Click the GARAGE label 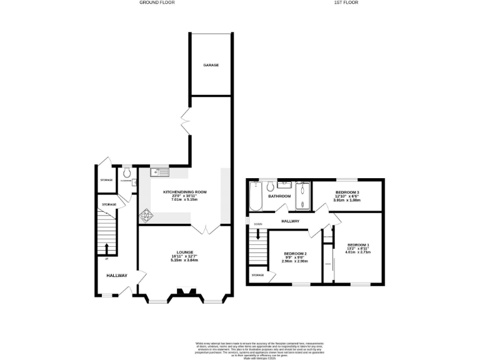click(x=210, y=65)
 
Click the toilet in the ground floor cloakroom click(x=127, y=172)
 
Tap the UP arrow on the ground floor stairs click(x=106, y=248)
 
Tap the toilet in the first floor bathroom click(x=269, y=186)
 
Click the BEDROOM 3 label click(x=347, y=192)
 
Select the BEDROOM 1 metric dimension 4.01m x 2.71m click(x=358, y=252)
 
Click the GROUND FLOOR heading click(x=156, y=2)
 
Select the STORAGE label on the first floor click(x=257, y=275)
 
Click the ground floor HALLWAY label click(x=116, y=276)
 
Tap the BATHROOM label click(x=279, y=196)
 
